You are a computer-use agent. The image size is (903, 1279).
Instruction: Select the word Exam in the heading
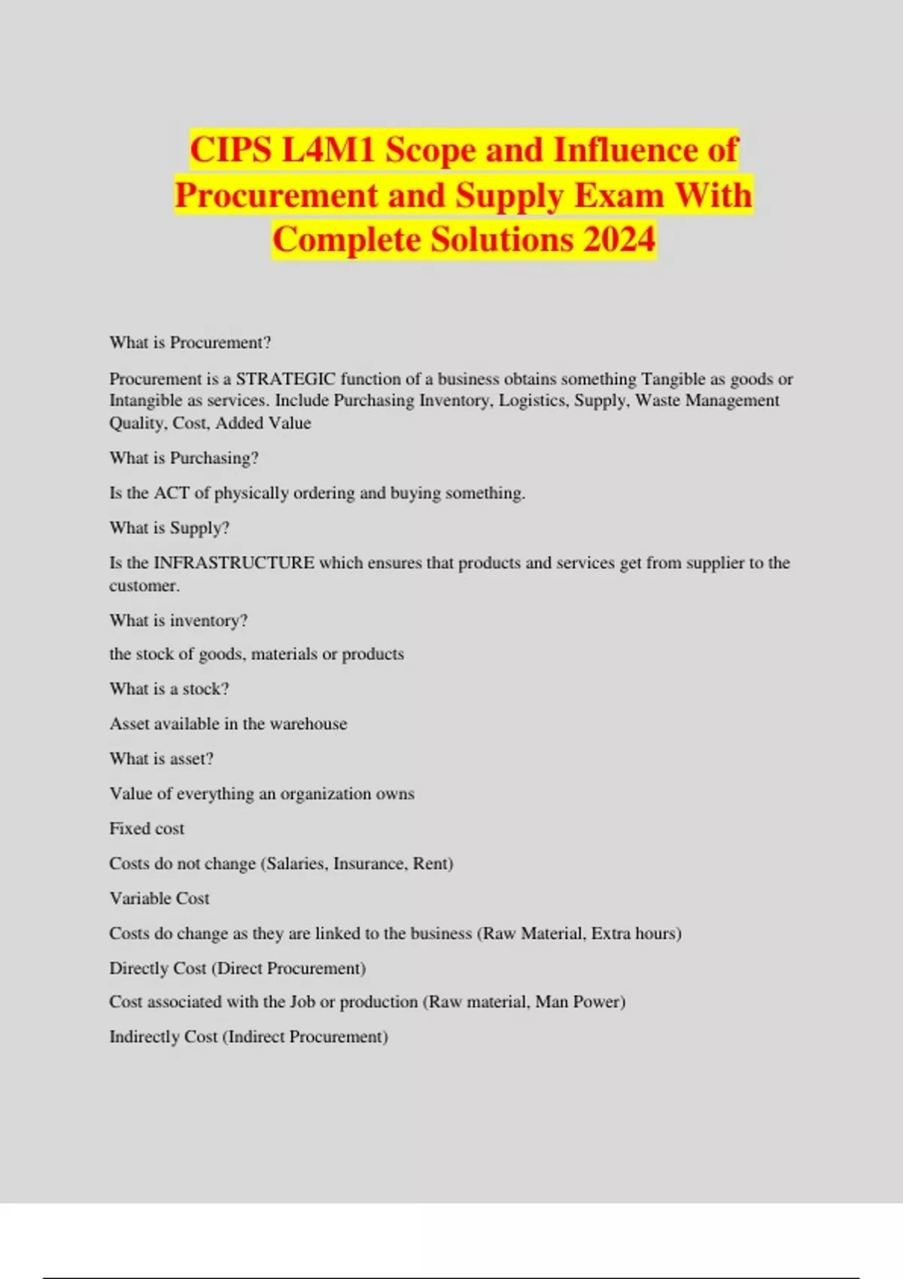[x=619, y=195]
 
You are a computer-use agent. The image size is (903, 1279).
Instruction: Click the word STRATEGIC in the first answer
[x=286, y=378]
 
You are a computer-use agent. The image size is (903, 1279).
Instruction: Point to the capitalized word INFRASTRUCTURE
[x=234, y=563]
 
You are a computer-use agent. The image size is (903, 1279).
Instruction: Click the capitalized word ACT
[x=172, y=493]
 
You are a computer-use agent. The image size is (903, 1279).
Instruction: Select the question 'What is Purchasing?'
[x=184, y=458]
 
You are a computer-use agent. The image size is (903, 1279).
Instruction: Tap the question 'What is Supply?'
[x=169, y=528]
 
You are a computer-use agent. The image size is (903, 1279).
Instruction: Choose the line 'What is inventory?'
[x=178, y=621]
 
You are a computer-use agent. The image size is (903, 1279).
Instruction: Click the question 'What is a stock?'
[x=169, y=689]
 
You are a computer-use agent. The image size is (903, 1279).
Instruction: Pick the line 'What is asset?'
[x=161, y=758]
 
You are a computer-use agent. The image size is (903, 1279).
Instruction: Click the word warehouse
[x=309, y=724]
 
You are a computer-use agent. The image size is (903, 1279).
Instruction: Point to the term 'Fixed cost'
[x=147, y=828]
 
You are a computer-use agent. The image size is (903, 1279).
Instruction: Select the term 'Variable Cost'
[x=160, y=898]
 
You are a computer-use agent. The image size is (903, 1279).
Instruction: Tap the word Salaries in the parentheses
[x=296, y=864]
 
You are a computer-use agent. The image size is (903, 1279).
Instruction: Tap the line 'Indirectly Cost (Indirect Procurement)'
[x=248, y=1037]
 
